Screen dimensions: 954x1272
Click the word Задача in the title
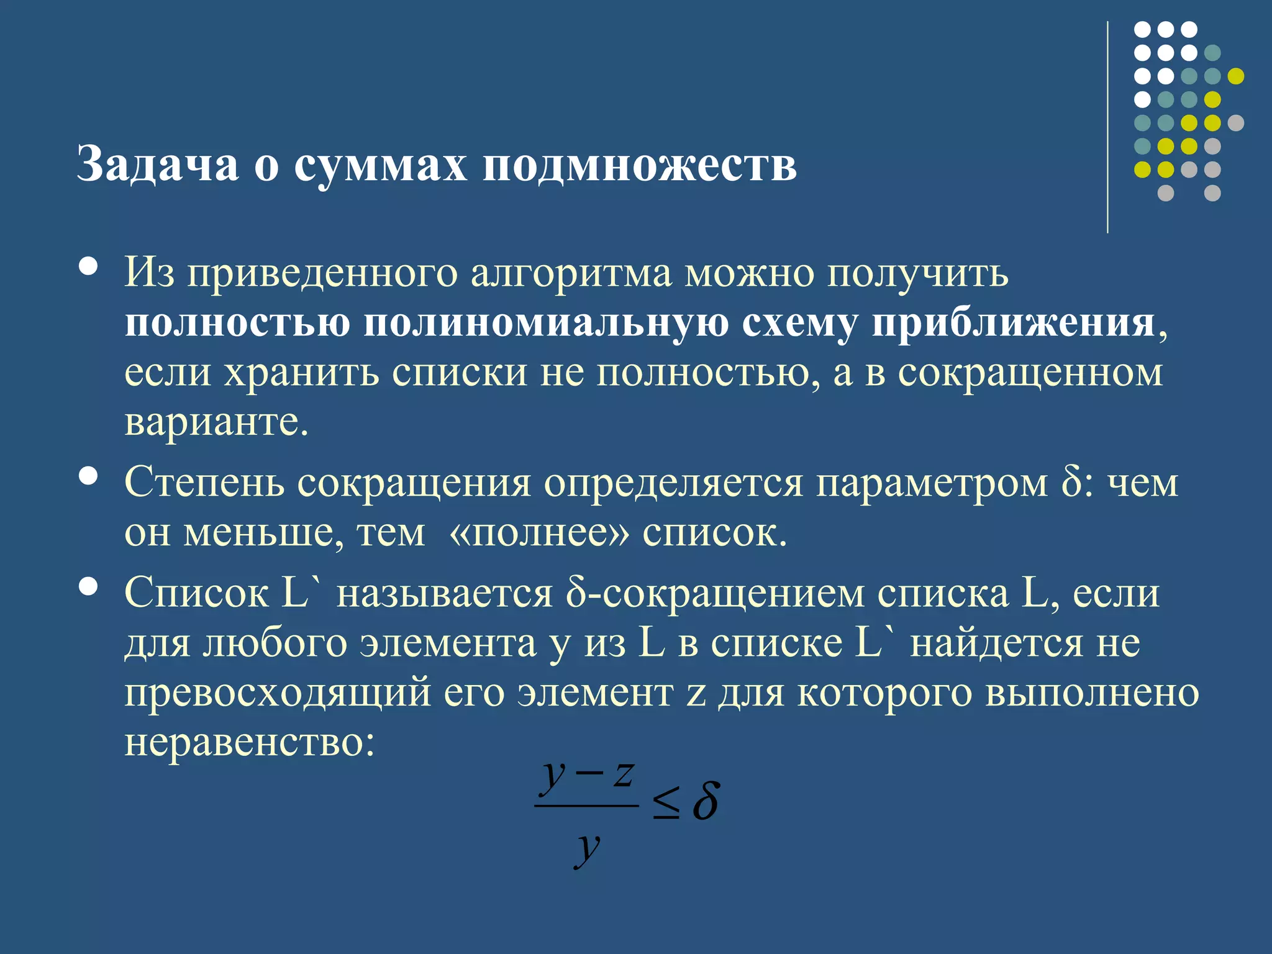point(158,165)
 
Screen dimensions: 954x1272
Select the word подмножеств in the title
point(640,166)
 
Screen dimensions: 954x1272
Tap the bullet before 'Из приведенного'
point(89,266)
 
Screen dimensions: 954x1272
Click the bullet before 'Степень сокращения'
point(89,476)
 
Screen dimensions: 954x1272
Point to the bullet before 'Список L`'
point(89,586)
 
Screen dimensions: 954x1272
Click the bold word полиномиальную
point(546,323)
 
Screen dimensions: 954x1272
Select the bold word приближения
point(1013,323)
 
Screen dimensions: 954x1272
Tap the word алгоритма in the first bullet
point(571,273)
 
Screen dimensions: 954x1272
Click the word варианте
point(216,422)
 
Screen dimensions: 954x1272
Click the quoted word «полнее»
point(538,532)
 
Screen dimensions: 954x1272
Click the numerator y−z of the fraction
point(587,776)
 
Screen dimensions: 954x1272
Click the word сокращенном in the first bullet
point(1030,373)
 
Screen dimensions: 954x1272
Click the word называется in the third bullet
point(444,593)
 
